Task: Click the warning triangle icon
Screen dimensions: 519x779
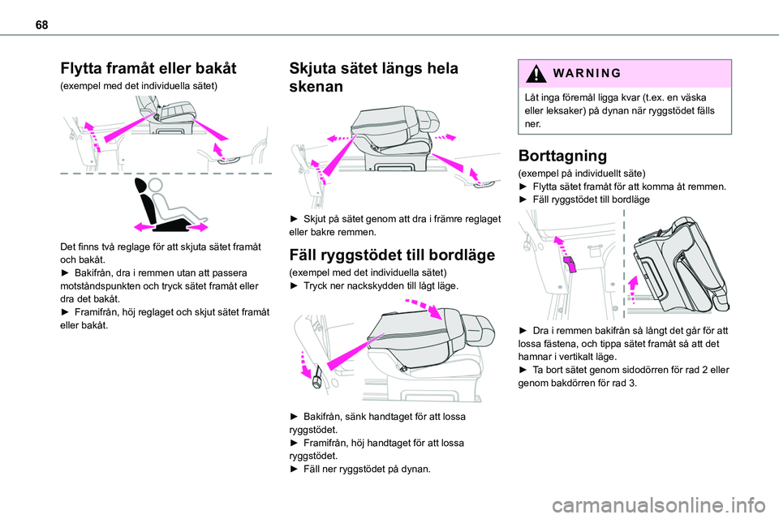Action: pyautogui.click(x=533, y=73)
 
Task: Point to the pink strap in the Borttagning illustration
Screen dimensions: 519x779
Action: pyautogui.click(x=568, y=264)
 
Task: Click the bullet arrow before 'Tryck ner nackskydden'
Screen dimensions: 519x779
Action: pyautogui.click(x=295, y=286)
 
